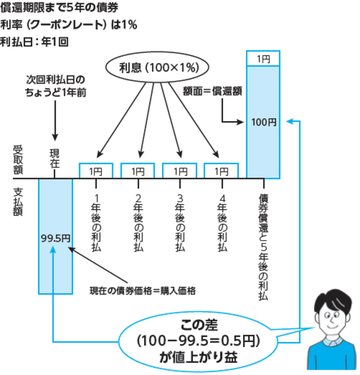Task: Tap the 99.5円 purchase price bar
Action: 55,236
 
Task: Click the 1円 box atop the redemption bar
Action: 263,59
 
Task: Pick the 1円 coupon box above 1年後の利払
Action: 96,171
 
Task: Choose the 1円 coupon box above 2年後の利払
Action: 138,171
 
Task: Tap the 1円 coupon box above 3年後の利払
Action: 179,171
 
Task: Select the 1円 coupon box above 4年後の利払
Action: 221,171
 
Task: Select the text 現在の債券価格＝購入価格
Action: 143,290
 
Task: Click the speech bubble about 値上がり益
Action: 198,340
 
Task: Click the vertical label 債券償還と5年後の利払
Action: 263,246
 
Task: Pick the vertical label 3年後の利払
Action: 179,221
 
